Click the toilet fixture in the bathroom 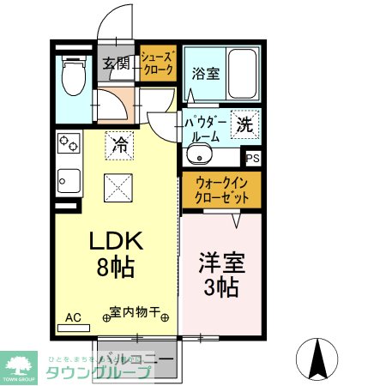pos(73,77)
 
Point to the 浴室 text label pos(206,74)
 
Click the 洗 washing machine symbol pos(244,124)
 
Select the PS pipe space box pos(252,159)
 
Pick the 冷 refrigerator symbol pos(120,145)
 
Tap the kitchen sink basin pos(68,182)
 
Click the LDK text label pos(114,241)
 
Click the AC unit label pos(73,317)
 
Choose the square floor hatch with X pos(118,186)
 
